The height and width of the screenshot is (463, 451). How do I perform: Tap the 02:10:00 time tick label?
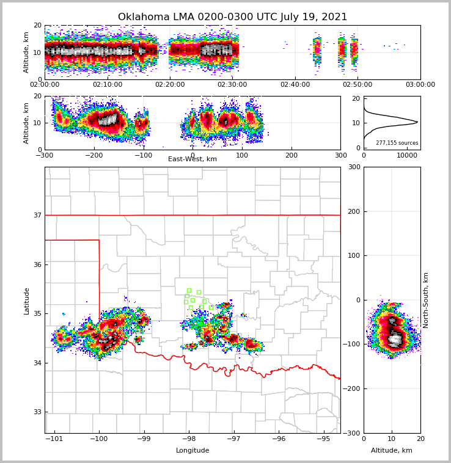(107, 85)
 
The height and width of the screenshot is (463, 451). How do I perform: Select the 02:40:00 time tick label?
(295, 85)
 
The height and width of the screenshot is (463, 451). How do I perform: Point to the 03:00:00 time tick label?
(420, 85)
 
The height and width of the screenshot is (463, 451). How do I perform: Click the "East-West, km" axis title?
(193, 159)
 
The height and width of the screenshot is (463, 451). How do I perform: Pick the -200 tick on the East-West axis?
(94, 155)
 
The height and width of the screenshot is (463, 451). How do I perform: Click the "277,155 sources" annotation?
(397, 143)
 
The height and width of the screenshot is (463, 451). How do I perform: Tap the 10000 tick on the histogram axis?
(406, 155)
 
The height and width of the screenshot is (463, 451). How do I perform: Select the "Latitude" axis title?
(27, 301)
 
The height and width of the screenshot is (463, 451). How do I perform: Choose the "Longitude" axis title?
(193, 451)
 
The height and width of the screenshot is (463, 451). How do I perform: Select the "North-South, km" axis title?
(426, 300)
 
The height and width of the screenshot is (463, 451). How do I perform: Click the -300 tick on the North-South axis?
(353, 433)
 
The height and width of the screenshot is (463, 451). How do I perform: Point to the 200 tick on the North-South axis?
(354, 211)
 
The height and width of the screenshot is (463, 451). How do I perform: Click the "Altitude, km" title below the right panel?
(392, 451)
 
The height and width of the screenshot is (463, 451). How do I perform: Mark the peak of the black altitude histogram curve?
(417, 122)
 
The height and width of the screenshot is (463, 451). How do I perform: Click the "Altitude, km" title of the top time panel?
(27, 52)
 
